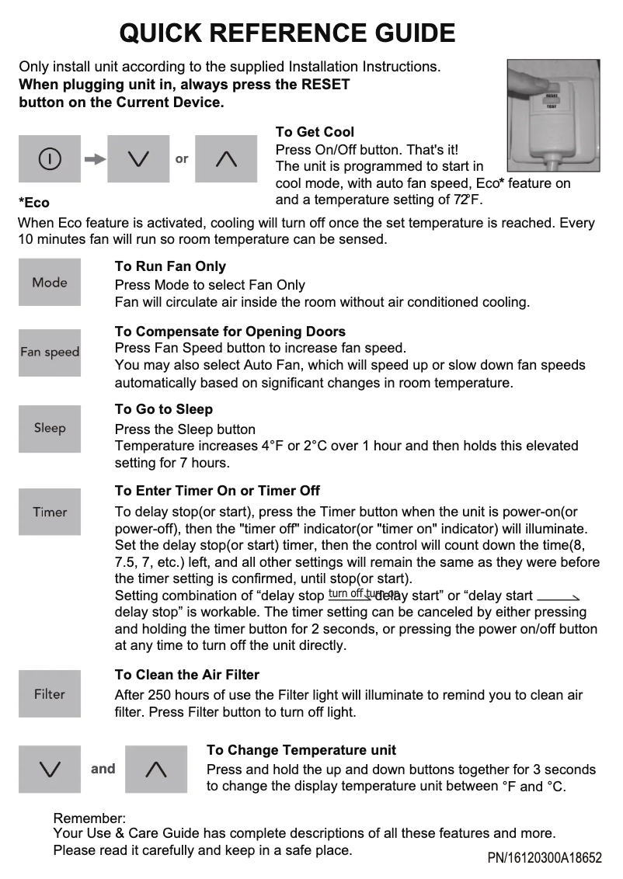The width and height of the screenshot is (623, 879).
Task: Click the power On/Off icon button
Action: point(50,159)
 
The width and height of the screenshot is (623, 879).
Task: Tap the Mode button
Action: point(50,283)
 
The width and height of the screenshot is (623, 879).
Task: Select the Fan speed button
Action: point(50,353)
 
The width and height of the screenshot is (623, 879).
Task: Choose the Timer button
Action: point(50,512)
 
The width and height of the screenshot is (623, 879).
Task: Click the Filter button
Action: point(50,694)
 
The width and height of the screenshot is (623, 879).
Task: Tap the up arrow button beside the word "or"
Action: point(226,159)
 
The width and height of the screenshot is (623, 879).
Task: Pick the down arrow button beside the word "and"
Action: point(50,770)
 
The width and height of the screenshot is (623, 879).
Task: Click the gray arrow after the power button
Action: point(94,159)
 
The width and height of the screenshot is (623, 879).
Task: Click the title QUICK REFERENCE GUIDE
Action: point(287,33)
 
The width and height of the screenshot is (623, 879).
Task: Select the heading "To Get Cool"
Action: point(315,132)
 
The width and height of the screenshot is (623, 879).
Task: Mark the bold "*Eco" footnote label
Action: point(33,203)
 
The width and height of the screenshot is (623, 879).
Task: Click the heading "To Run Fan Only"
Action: point(170,266)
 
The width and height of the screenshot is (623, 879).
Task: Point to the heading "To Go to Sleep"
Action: point(163,409)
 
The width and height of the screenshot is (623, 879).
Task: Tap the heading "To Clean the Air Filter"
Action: point(186,675)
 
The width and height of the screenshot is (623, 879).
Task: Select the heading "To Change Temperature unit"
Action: point(301,750)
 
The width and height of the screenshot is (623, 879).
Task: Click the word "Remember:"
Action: point(89,818)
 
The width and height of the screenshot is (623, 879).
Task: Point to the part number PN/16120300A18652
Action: point(545,858)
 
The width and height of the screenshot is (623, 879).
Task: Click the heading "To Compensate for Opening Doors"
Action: point(230,332)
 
